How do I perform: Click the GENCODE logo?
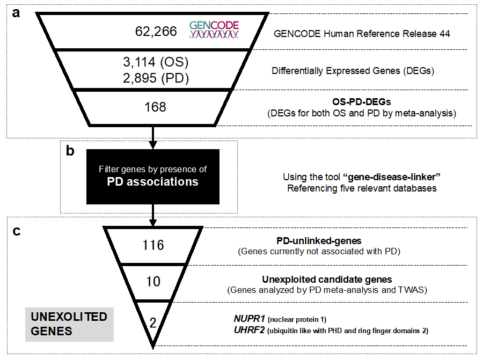point(214,30)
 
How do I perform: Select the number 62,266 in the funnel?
point(156,32)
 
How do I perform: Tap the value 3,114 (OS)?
point(156,62)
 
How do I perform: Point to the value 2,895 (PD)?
point(156,78)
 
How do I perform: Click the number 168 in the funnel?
point(155,107)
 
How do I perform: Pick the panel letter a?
point(16,13)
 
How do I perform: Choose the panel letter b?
point(70,151)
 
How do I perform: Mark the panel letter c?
point(17,231)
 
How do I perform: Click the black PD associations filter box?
point(153,177)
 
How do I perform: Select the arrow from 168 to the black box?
point(153,138)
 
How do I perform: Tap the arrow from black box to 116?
point(153,216)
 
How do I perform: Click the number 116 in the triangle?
point(153,245)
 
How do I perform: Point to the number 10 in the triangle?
point(153,282)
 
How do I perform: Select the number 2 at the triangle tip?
point(153,323)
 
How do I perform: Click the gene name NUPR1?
point(250,319)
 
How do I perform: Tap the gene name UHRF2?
point(250,330)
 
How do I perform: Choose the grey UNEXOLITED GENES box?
point(69,324)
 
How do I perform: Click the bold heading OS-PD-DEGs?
point(362,101)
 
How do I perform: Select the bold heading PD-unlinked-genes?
point(319,240)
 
